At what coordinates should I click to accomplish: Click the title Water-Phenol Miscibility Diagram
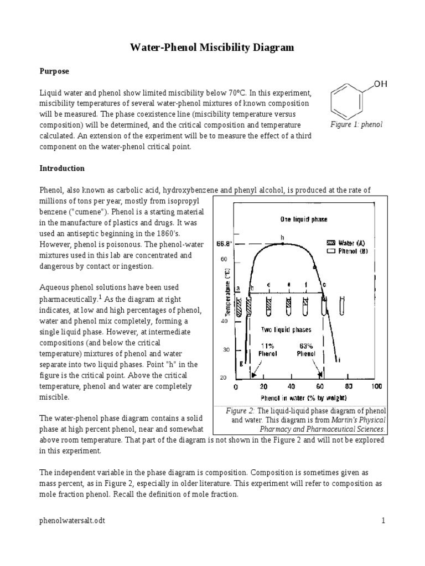[212, 48]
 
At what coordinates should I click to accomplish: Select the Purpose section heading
[54, 71]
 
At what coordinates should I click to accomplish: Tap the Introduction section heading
[61, 168]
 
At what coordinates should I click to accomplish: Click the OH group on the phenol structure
[381, 84]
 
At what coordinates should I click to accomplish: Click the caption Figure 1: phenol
[356, 125]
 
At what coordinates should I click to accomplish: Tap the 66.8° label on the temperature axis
[223, 243]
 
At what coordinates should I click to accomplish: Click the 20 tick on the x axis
[264, 386]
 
